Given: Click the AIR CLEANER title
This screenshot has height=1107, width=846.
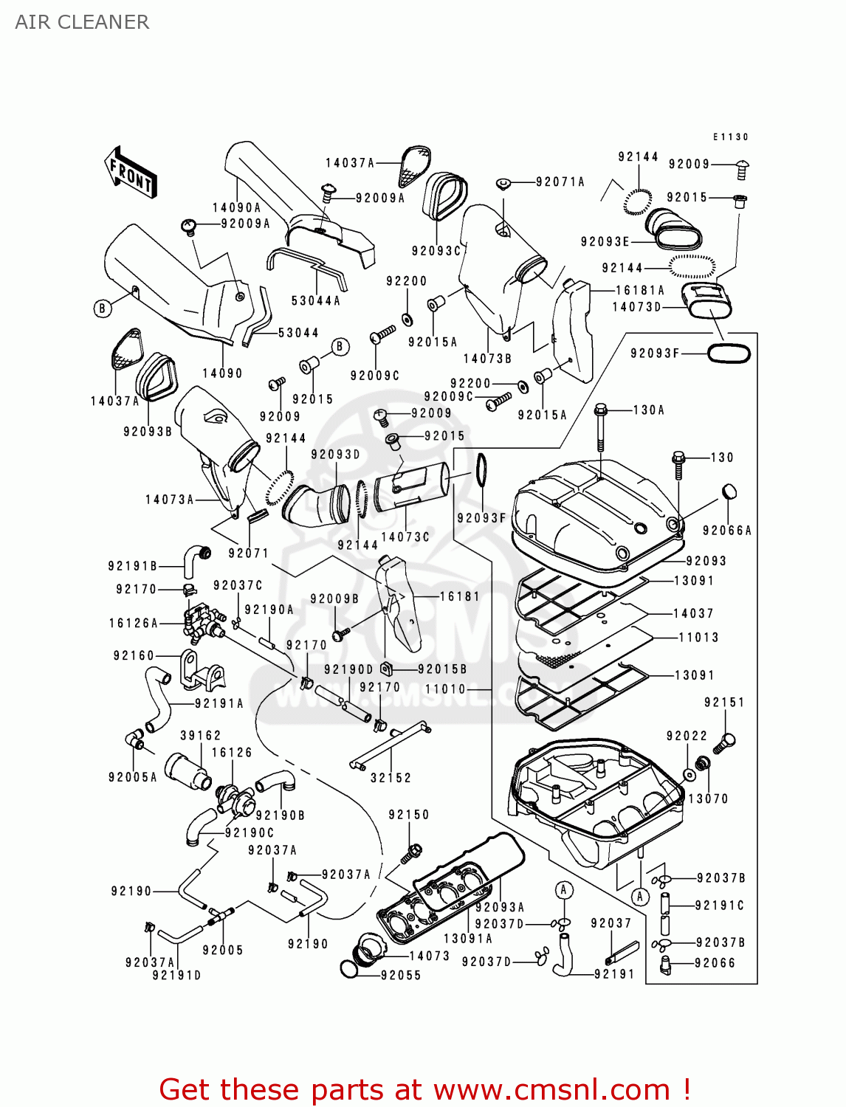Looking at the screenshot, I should tap(82, 22).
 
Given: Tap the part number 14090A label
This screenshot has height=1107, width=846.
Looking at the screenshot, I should tap(236, 208).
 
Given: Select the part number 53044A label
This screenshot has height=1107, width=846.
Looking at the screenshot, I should tap(315, 300).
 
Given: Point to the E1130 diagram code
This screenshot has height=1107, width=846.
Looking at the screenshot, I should tap(730, 137).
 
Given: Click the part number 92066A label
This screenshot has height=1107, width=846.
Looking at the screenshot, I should tap(726, 531).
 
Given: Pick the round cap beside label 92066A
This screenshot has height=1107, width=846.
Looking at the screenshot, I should tap(729, 492).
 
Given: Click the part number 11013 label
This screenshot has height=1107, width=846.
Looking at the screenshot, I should tap(698, 638).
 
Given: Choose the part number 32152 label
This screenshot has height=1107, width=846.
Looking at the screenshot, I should tap(391, 778).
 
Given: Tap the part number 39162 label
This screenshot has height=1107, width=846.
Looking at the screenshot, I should tap(201, 736).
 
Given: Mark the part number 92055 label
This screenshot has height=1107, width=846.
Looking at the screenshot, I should tap(401, 975).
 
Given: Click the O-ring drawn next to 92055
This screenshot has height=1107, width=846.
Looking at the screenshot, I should tap(352, 968).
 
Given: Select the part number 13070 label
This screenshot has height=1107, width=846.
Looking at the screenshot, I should tap(708, 799).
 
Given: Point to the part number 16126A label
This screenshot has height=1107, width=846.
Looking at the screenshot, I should tap(134, 624).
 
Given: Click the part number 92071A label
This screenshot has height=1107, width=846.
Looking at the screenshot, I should tap(560, 182).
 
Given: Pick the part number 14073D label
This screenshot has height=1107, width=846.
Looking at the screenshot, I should tap(637, 306).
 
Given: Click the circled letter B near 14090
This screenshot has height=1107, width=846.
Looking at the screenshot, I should tap(103, 308).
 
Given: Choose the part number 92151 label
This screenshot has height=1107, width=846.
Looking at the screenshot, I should tap(724, 703).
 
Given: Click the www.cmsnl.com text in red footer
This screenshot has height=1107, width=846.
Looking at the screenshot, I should tap(551, 1090).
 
